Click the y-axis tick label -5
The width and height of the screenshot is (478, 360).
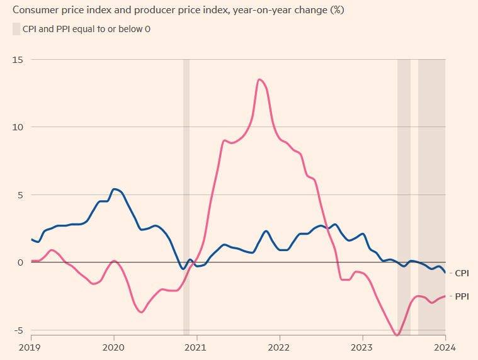(x=19, y=330)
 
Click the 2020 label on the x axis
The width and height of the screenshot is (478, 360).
(x=113, y=346)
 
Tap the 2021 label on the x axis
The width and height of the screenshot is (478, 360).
(x=196, y=346)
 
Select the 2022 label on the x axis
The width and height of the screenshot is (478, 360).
(x=279, y=346)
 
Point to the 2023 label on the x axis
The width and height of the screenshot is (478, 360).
(x=362, y=346)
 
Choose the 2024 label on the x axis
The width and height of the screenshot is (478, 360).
(x=445, y=346)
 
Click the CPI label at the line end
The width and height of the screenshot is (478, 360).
(x=462, y=273)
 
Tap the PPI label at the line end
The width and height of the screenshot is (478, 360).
(x=462, y=296)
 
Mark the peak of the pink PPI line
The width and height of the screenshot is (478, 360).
(x=259, y=79)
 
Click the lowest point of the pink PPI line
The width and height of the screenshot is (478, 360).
(x=397, y=335)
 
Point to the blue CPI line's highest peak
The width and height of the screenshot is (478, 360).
(x=114, y=189)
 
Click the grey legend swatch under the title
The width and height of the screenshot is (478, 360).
(x=16, y=29)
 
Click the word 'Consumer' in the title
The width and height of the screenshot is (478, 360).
(x=31, y=10)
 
